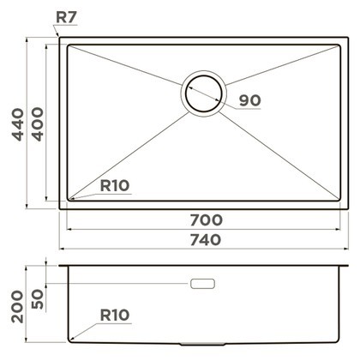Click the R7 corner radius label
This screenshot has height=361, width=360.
(x=66, y=17)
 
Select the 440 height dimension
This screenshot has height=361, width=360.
(x=18, y=124)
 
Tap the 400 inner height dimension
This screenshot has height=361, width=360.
(x=38, y=124)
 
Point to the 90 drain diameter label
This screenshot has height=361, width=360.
(x=250, y=100)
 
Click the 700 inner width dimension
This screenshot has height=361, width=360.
(x=207, y=220)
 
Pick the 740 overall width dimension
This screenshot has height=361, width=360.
(x=206, y=240)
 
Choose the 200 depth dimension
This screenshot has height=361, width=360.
(x=17, y=307)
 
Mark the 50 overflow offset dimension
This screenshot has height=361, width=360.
(x=38, y=299)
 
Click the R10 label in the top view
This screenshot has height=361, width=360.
(x=115, y=186)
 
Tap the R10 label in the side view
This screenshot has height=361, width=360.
(x=115, y=316)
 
